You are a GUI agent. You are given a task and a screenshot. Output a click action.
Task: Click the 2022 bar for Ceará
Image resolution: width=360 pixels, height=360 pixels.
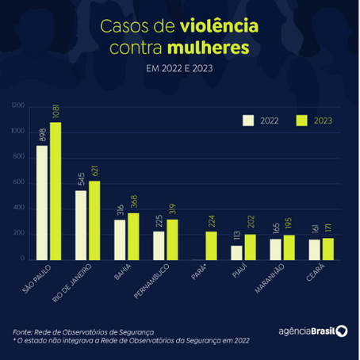point(316,249)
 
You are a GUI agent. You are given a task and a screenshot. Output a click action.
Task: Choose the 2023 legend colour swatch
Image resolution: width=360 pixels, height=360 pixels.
point(301,121)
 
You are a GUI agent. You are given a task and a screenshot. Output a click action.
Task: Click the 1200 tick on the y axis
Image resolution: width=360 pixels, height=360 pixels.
point(18,105)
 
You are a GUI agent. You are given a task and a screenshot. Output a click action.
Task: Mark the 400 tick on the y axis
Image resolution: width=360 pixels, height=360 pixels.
point(20,209)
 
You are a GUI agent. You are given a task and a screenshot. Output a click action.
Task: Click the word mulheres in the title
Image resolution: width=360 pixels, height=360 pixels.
point(216,48)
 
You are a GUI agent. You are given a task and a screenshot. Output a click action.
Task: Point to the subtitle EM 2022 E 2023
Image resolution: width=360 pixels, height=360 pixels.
point(179,69)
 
